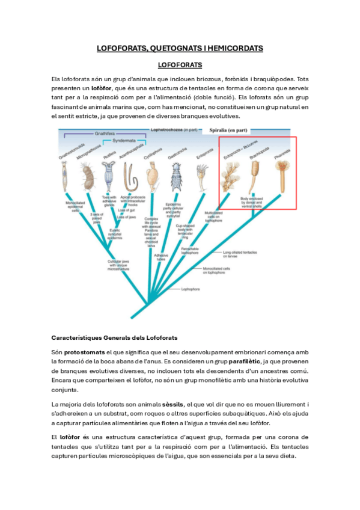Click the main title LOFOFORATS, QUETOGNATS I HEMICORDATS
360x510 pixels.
pos(180,48)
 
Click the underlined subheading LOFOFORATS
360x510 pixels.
pos(179,64)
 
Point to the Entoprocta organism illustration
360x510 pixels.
pos(200,175)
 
